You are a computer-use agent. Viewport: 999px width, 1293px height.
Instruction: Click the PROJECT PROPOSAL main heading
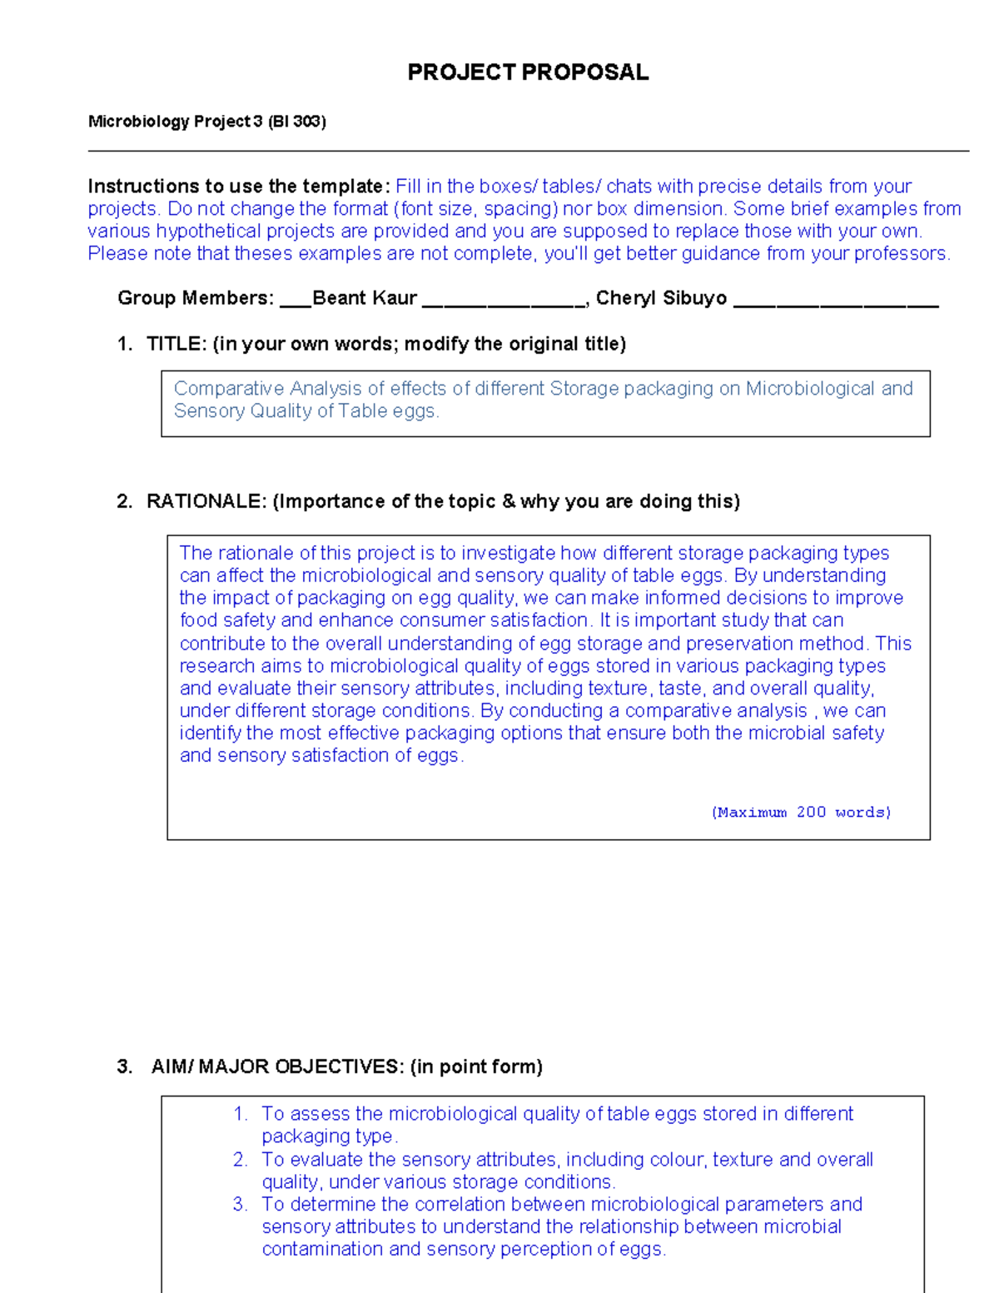(x=528, y=72)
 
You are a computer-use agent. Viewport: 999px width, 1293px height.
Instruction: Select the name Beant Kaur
(x=364, y=298)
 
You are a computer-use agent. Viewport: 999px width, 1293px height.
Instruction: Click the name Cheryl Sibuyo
(x=661, y=298)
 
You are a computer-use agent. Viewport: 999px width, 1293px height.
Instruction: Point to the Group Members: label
(x=196, y=298)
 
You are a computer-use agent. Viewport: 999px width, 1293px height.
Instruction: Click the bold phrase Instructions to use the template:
(x=239, y=186)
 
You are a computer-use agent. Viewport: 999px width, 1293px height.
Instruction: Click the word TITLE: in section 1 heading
(x=176, y=344)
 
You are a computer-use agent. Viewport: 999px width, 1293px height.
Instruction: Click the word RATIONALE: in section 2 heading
(x=206, y=501)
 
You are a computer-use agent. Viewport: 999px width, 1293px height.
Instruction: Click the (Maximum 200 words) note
(x=801, y=813)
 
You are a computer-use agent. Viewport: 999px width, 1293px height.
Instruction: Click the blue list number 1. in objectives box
(x=241, y=1114)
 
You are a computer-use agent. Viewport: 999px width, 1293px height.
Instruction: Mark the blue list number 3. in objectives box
(x=241, y=1205)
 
